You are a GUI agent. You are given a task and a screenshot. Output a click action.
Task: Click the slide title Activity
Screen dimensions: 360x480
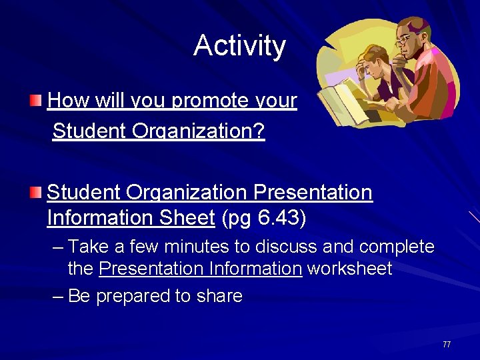coord(239,46)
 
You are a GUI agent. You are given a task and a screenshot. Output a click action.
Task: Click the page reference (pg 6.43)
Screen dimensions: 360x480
coord(264,218)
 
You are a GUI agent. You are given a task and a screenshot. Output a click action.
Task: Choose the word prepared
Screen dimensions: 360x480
coord(133,296)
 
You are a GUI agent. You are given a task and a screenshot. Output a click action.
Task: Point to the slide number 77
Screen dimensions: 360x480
coord(447,345)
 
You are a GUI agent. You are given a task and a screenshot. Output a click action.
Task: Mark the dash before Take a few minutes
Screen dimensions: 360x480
coord(58,248)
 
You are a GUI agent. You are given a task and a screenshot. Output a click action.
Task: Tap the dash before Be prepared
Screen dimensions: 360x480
coord(58,297)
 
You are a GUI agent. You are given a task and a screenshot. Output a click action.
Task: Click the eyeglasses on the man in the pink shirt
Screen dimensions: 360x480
coord(405,39)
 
